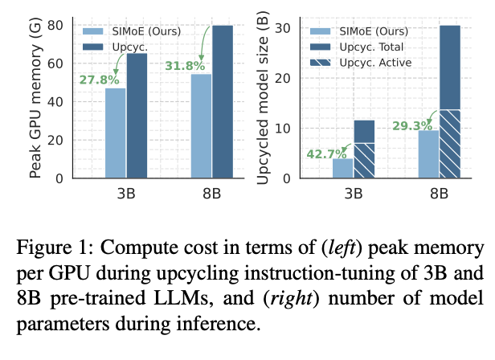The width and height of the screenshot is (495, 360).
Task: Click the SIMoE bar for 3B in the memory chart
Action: point(116,133)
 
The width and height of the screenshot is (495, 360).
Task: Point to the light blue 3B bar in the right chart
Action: point(321,168)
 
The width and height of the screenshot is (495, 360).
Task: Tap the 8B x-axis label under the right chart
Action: point(439,193)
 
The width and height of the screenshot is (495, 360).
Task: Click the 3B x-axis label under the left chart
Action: point(126,193)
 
